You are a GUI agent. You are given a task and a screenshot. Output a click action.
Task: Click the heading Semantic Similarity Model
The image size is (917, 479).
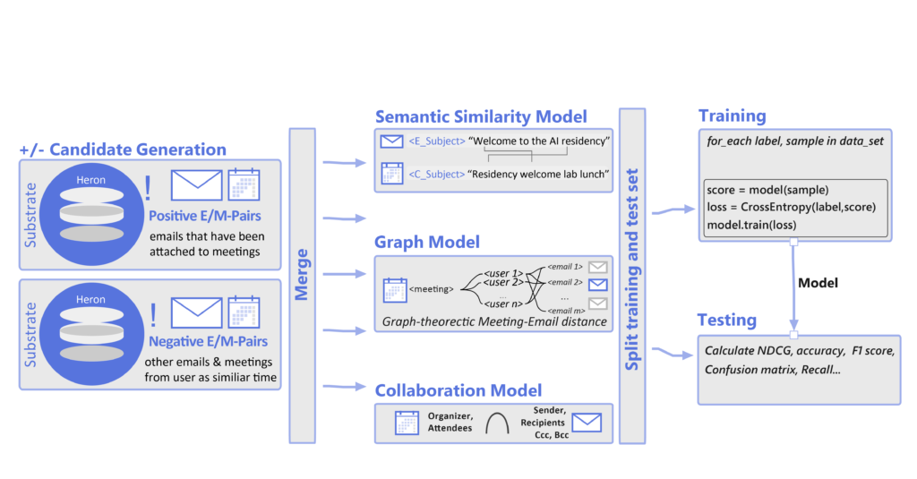point(481,116)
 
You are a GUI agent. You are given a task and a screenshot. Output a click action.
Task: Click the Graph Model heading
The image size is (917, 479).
point(428,242)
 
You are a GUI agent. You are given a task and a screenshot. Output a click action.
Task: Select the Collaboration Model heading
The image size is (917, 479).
point(470,390)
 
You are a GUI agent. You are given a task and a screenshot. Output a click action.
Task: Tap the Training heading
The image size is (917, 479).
point(732,115)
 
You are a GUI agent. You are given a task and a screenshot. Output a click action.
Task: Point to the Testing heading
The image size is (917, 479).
point(727,320)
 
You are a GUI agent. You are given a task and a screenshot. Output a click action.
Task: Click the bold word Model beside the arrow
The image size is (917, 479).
point(818,283)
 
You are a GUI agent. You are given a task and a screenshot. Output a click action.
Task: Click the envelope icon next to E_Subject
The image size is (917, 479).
point(391,141)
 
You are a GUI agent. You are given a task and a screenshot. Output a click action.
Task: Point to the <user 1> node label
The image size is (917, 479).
point(493,271)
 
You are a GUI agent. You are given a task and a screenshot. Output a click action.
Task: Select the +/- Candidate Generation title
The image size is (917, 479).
point(123,150)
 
